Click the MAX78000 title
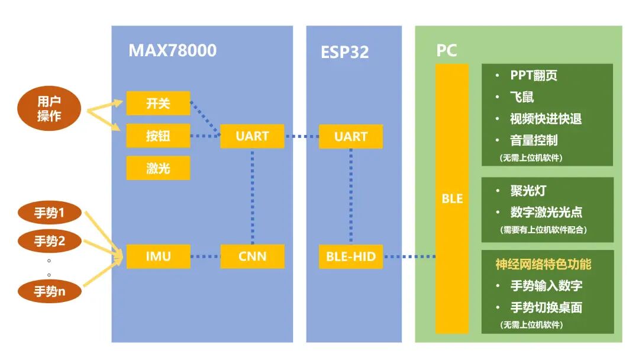coord(172,50)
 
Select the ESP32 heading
coord(344,52)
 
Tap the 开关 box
coord(158,104)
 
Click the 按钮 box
coord(158,136)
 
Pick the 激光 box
coord(158,168)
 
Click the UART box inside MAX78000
coord(252,136)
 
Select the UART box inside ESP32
coord(350,136)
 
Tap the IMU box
coord(158,256)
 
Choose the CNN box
coord(252,256)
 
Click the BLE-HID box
coord(350,256)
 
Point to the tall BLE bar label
coord(452,199)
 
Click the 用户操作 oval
coord(49,109)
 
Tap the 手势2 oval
coord(49,241)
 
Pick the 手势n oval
coord(49,291)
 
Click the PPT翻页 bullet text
coord(533,75)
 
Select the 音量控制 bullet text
coord(533,140)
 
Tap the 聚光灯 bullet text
coord(528,191)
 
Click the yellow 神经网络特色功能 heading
coord(543,264)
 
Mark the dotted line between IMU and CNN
coord(205,257)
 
